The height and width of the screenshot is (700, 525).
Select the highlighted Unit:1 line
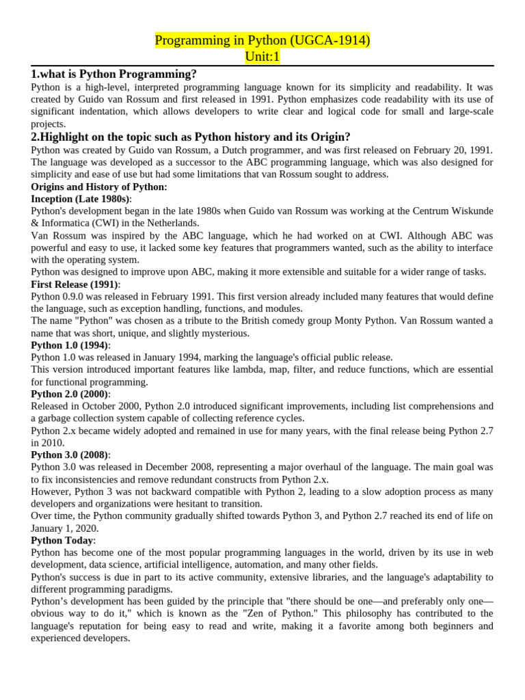(x=262, y=57)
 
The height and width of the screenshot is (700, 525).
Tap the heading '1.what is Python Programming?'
(x=113, y=74)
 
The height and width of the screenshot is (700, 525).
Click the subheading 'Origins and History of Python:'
(x=99, y=187)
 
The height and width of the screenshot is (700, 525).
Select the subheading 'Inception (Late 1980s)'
(x=80, y=199)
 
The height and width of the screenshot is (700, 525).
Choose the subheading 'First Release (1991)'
(x=75, y=284)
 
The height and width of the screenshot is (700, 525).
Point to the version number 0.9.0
(x=77, y=297)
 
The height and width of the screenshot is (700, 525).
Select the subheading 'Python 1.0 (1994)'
(x=70, y=345)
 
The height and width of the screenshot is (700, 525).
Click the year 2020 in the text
(x=87, y=528)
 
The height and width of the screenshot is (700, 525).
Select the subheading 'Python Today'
(x=62, y=541)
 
